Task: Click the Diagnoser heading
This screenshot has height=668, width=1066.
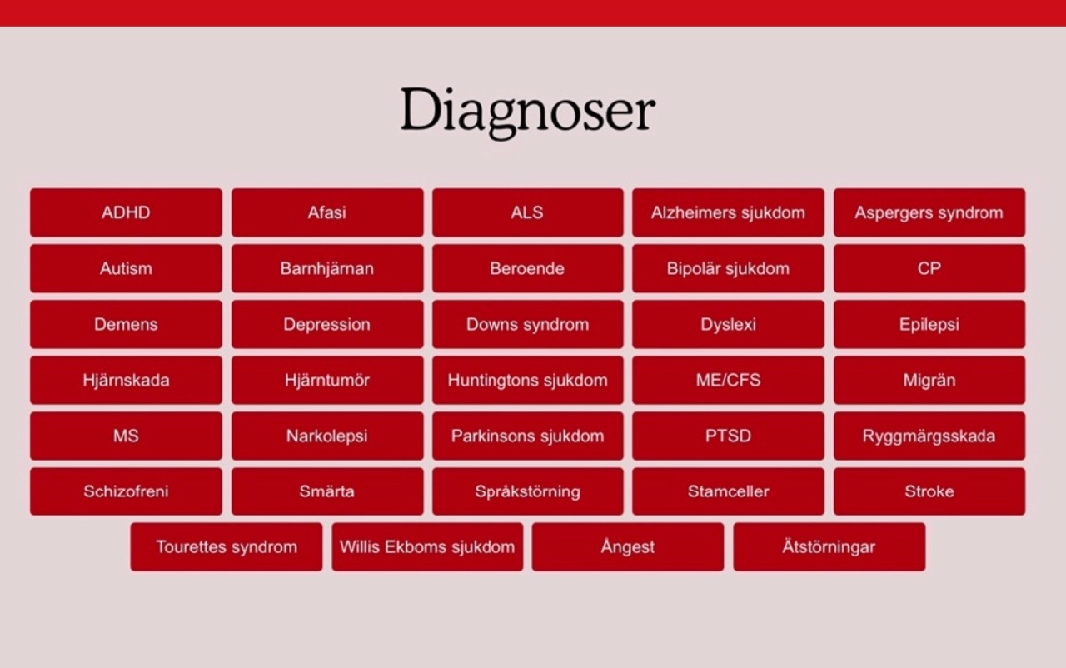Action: coord(528,112)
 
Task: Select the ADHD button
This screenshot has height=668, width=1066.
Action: coord(126,212)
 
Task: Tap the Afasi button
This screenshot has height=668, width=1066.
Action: coord(327,212)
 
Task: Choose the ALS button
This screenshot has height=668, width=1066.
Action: coord(528,212)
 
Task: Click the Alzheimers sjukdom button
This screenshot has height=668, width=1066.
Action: coord(728,212)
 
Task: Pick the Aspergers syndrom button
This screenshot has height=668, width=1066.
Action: coord(929,212)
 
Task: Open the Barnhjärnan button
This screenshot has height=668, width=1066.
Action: coord(327,268)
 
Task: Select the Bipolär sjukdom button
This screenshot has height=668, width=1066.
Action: coord(728,268)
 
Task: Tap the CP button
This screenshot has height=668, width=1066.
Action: coord(929,268)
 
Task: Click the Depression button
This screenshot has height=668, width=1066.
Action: coord(327,324)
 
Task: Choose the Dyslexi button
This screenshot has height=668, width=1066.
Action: coord(728,324)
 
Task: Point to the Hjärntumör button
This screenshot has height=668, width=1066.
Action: coord(327,380)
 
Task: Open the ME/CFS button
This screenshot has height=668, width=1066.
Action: coord(728,380)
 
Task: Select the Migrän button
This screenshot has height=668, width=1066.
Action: coord(929,380)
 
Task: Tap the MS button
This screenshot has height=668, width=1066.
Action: coord(126,436)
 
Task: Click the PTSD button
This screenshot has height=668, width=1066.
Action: coord(728,436)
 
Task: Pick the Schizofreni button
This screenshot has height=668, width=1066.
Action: coord(126,491)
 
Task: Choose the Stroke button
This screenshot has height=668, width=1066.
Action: coord(929,491)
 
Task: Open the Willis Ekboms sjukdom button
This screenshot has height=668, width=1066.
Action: coord(427,547)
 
